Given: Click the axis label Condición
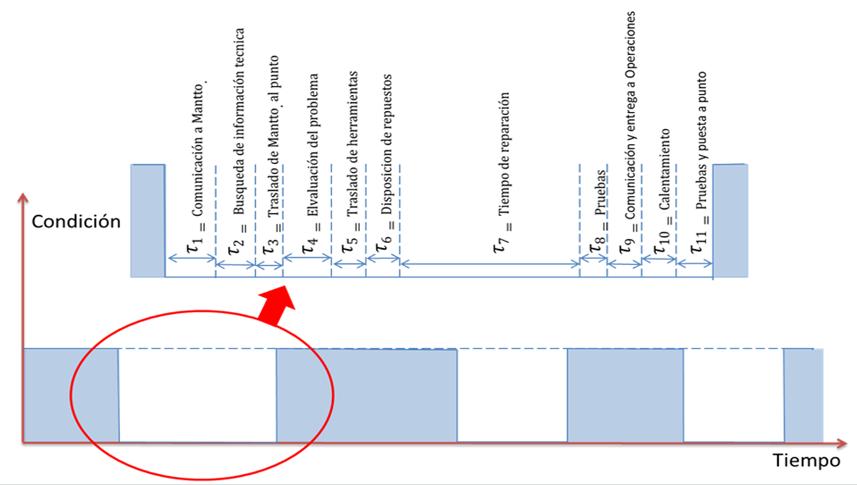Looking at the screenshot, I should pos(76,222).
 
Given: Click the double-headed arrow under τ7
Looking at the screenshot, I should pos(489,261).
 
